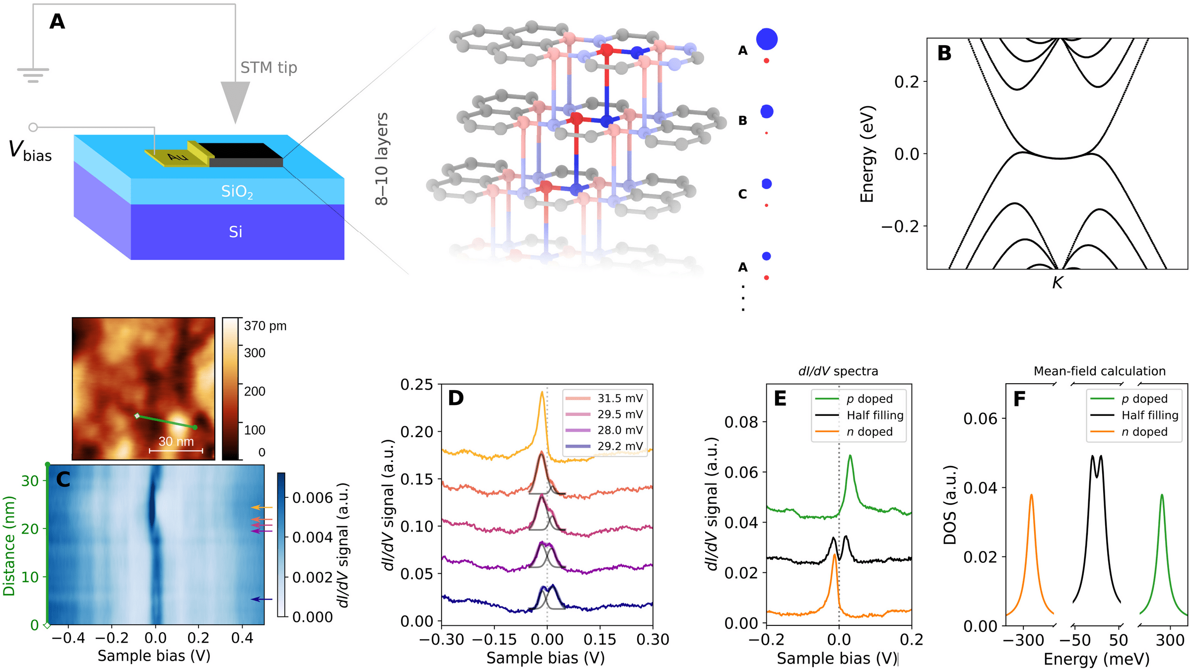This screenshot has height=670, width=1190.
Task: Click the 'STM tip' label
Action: click(268, 67)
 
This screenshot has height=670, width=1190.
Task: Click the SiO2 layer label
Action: click(237, 192)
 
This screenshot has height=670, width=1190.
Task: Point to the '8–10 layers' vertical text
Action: click(381, 159)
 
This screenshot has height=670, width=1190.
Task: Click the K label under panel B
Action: click(1057, 283)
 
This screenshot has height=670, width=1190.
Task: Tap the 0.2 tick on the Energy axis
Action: click(907, 82)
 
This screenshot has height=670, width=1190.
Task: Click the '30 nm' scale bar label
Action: click(176, 441)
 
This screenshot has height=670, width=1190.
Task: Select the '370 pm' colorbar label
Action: click(265, 326)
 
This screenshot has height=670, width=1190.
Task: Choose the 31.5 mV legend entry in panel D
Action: click(605, 399)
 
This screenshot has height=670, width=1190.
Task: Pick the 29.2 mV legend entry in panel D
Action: click(605, 446)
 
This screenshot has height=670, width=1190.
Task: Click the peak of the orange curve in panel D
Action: click(541, 392)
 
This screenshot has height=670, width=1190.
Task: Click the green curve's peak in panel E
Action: click(850, 456)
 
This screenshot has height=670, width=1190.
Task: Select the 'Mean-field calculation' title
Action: click(1099, 371)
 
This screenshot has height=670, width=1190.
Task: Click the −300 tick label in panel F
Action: click(1023, 640)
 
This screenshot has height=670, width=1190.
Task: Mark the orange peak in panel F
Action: click(1031, 495)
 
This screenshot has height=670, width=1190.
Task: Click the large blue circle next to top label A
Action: click(766, 39)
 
